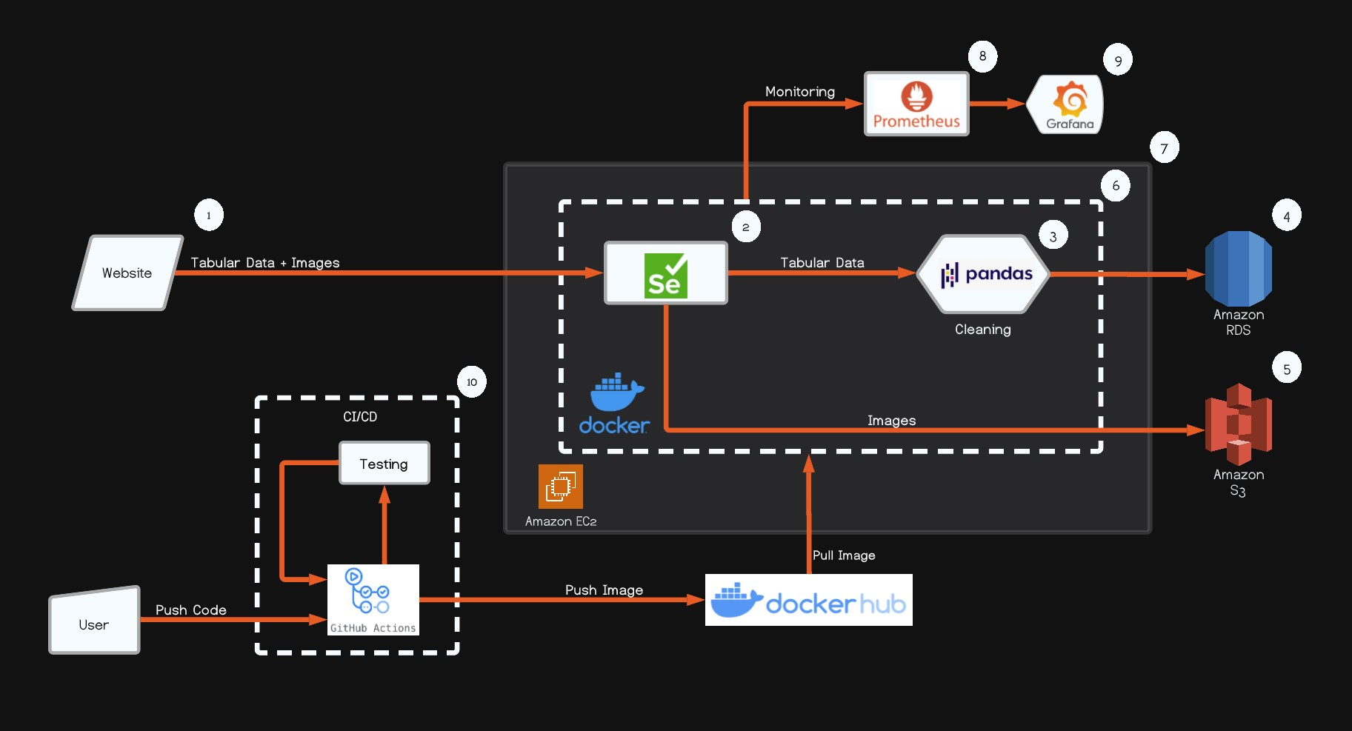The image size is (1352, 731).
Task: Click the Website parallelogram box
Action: point(127,273)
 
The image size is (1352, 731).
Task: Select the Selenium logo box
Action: point(665,273)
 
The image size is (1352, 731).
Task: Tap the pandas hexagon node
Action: point(984,274)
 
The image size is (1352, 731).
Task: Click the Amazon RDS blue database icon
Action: point(1238,269)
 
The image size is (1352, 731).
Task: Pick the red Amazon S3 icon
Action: point(1238,424)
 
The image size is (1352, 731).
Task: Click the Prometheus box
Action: point(916,104)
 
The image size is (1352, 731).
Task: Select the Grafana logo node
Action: point(1068,104)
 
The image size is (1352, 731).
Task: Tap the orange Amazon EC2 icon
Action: point(560,487)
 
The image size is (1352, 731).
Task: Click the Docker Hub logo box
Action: point(808,600)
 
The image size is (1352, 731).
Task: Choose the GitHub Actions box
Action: point(373,600)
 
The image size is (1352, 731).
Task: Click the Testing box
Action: point(384,464)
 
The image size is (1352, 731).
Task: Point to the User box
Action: point(94,623)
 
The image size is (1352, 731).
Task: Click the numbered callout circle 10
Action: point(472,382)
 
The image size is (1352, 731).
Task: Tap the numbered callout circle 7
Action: point(1164,148)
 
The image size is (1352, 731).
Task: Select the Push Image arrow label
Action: point(604,590)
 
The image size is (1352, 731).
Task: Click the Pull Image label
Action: point(844,555)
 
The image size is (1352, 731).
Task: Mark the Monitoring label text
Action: point(799,92)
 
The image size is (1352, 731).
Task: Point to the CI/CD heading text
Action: point(360,417)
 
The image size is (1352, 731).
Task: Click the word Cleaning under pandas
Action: point(982,330)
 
